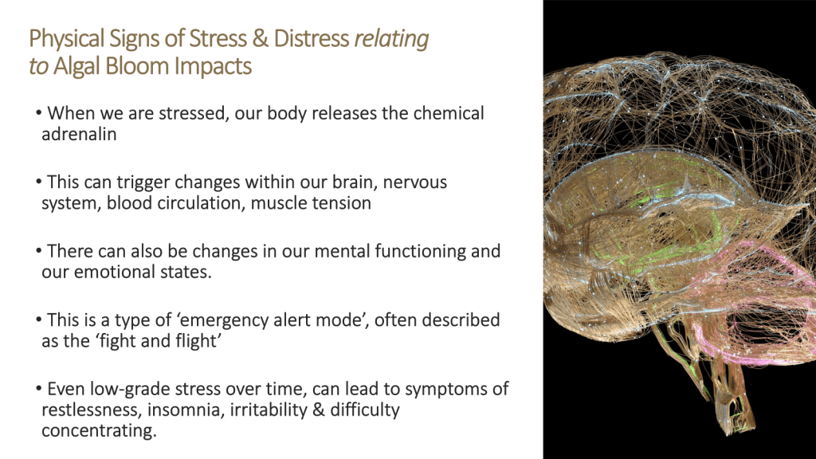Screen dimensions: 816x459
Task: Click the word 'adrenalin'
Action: [79, 134]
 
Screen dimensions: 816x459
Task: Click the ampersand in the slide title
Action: [260, 39]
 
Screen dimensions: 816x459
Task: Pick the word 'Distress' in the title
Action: [312, 39]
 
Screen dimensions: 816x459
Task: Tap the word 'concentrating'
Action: [99, 431]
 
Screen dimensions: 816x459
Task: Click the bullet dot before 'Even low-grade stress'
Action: [38, 388]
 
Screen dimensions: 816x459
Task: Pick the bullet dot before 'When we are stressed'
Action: [38, 112]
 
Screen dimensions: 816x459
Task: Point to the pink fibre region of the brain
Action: [765, 296]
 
